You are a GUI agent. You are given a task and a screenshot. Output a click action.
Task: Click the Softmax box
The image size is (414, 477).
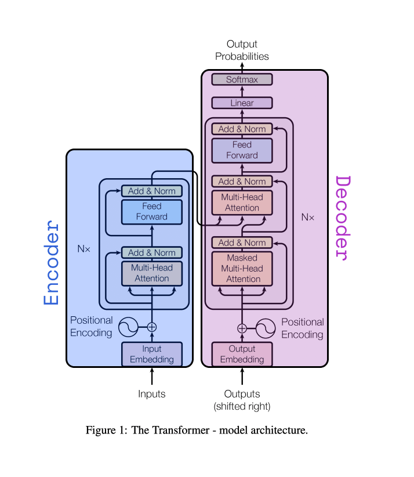242,79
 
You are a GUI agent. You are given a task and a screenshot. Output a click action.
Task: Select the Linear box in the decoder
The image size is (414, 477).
242,103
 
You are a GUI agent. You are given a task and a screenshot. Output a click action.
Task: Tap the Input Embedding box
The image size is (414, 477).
152,354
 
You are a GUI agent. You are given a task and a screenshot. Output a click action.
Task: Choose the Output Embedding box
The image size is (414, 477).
242,354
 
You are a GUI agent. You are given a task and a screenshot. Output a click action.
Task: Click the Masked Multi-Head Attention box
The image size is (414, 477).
242,269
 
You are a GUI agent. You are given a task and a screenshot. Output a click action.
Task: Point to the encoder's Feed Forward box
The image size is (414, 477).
152,211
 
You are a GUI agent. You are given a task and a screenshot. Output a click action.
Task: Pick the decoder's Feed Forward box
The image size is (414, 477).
242,150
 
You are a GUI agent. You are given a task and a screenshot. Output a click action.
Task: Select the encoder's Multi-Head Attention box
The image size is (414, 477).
152,273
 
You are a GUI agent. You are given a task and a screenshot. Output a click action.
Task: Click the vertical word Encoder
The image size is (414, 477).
52,262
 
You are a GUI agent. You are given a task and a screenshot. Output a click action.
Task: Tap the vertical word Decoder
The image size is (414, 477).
343,217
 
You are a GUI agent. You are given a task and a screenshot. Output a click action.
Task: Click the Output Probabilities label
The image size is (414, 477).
242,50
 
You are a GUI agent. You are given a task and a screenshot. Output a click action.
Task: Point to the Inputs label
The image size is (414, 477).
152,394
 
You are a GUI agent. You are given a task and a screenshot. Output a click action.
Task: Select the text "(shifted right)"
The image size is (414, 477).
242,406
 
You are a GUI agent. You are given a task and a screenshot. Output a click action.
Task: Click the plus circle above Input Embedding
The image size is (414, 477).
152,327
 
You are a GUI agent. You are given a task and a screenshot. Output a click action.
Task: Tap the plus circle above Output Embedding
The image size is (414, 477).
242,328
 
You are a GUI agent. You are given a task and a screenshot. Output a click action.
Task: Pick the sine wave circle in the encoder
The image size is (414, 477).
128,327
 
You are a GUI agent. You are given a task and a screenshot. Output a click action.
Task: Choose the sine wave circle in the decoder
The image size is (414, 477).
266,328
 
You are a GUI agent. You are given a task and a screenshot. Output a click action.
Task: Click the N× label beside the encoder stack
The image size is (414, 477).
84,249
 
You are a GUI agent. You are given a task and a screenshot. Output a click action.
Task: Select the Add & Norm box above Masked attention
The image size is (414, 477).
242,243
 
